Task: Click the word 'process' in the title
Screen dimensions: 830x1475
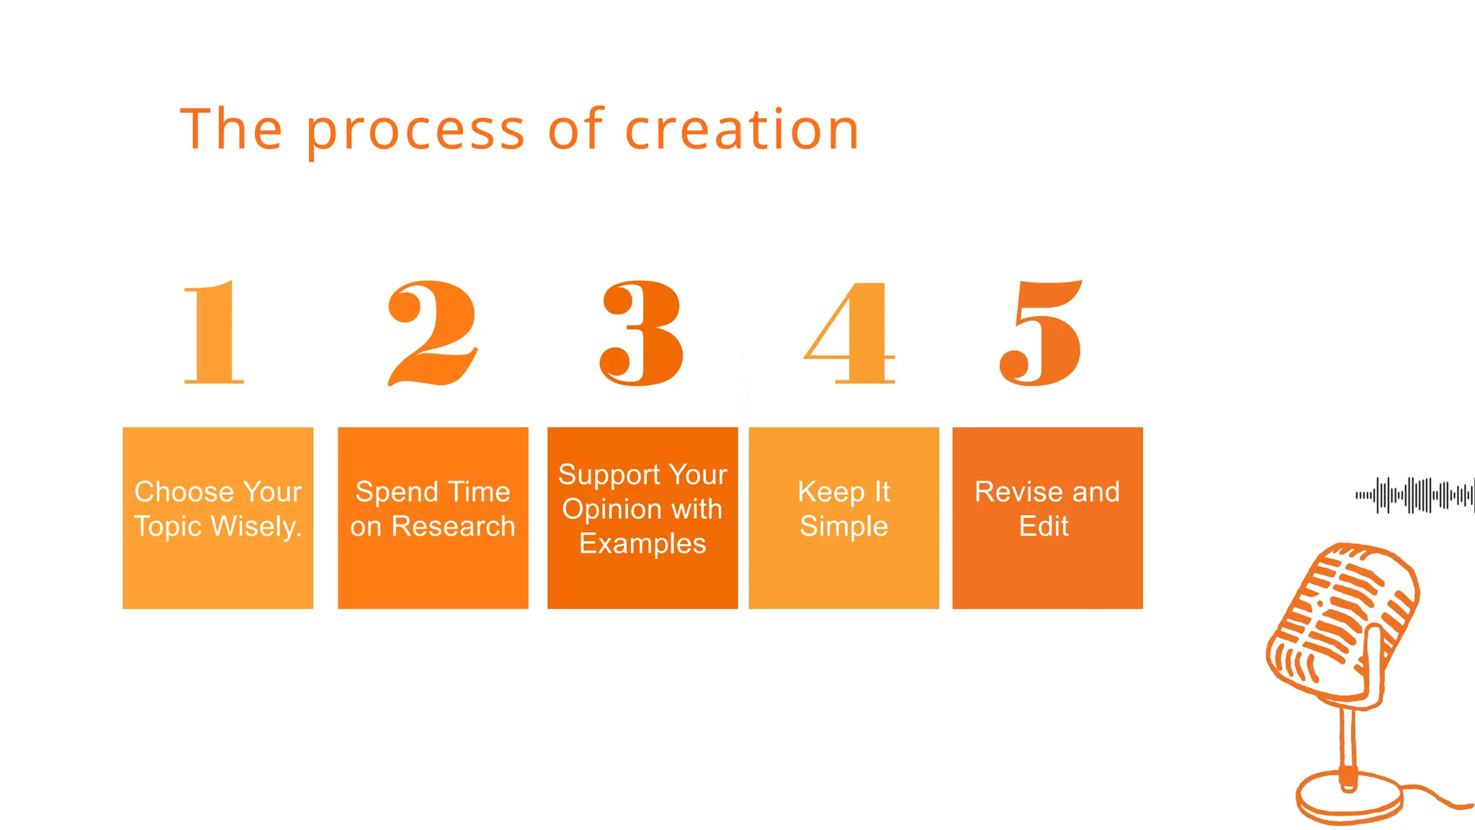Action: (x=416, y=131)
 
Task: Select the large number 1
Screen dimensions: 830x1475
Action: (x=215, y=333)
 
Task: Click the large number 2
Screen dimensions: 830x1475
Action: (x=432, y=333)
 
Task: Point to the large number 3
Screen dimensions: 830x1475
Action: (x=641, y=333)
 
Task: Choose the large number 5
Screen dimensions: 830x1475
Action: (x=1041, y=333)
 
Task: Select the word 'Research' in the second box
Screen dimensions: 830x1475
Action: (x=453, y=527)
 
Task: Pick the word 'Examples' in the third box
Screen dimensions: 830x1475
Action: (x=642, y=544)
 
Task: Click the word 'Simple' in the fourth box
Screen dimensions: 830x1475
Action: (x=843, y=527)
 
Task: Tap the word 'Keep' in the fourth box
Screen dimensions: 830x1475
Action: (x=830, y=492)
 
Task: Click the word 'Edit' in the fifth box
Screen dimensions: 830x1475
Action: (x=1044, y=527)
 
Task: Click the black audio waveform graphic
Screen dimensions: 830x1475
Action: (x=1415, y=495)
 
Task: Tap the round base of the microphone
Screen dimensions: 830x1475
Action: (x=1349, y=798)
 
